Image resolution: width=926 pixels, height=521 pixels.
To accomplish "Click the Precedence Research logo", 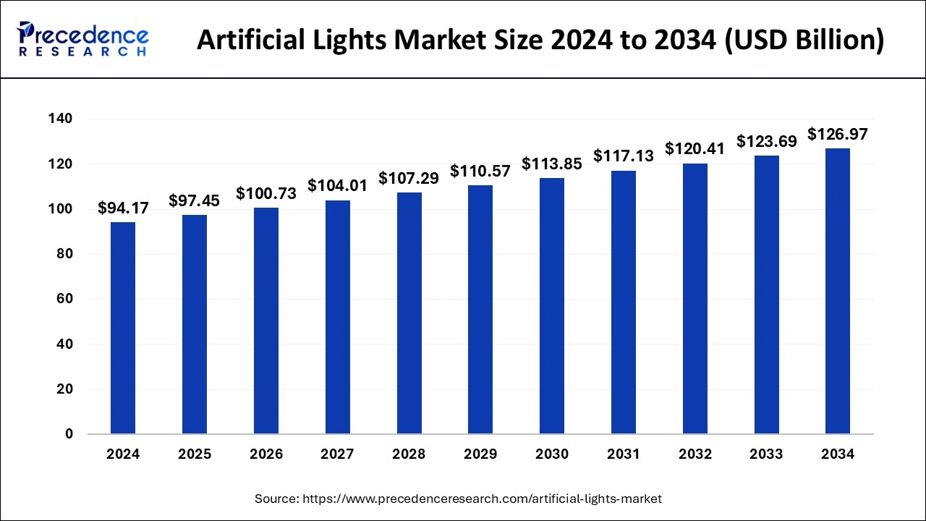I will click(x=83, y=39).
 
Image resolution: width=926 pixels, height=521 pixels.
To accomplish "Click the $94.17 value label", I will click(x=123, y=208).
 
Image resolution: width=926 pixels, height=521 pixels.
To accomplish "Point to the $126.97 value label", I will click(x=838, y=135).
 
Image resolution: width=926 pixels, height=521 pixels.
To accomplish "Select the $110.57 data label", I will click(x=480, y=171).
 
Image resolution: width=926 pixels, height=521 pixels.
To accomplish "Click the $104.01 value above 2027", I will click(x=337, y=186).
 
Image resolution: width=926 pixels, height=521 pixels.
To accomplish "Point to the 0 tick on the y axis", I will click(x=69, y=434).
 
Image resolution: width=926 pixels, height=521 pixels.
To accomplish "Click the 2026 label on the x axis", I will click(x=266, y=454).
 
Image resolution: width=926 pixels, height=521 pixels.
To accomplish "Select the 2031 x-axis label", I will click(x=623, y=454).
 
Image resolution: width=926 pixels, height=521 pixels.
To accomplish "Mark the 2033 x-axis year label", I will click(x=766, y=454).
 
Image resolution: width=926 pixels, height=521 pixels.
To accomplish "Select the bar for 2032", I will click(x=695, y=299).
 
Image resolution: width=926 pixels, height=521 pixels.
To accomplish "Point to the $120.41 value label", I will click(x=695, y=149).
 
